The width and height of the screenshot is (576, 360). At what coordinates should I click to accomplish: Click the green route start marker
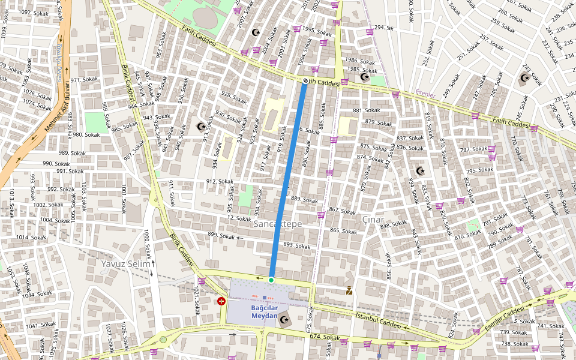coord(271,280)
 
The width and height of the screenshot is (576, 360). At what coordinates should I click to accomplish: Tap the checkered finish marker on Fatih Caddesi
coord(305,81)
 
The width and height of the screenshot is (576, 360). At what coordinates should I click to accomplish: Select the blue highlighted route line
coord(288,180)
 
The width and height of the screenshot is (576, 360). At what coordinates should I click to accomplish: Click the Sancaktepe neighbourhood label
coord(277,223)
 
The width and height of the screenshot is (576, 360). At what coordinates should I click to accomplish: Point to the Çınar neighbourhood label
coord(372,219)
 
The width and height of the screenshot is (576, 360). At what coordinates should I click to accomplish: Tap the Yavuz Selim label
coord(125,263)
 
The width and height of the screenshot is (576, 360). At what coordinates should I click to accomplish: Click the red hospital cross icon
coord(221,301)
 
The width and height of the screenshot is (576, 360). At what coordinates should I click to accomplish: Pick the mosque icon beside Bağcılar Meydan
coord(284,320)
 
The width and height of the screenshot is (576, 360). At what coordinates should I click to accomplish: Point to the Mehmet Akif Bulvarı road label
coord(58,109)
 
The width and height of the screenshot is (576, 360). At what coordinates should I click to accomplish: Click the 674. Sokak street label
coord(324,338)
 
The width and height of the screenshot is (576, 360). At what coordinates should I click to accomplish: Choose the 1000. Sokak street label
coord(146,243)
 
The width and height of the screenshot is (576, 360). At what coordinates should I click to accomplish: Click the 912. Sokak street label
coord(219,181)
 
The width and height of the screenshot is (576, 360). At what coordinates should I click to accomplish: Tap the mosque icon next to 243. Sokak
coord(524,78)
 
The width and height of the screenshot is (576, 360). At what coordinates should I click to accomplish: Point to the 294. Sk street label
coord(383,28)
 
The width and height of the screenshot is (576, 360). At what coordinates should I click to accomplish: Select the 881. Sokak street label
coord(367,110)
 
